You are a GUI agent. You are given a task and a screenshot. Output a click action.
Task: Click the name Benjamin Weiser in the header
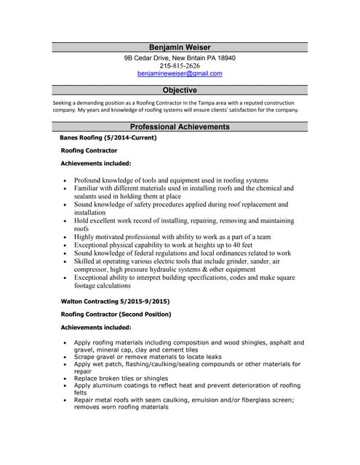pyautogui.click(x=180, y=47)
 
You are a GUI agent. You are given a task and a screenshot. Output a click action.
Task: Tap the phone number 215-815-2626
pyautogui.click(x=180, y=66)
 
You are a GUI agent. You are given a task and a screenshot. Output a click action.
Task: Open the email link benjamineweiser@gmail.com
pyautogui.click(x=180, y=74)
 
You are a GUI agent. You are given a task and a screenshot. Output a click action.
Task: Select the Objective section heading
pyautogui.click(x=180, y=90)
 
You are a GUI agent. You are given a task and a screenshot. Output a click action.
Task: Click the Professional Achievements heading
pyautogui.click(x=180, y=126)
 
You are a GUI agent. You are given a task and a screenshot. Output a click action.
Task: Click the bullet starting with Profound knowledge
pyautogui.click(x=171, y=179)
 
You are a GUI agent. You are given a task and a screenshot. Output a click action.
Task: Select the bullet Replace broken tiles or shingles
pyautogui.click(x=121, y=378)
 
